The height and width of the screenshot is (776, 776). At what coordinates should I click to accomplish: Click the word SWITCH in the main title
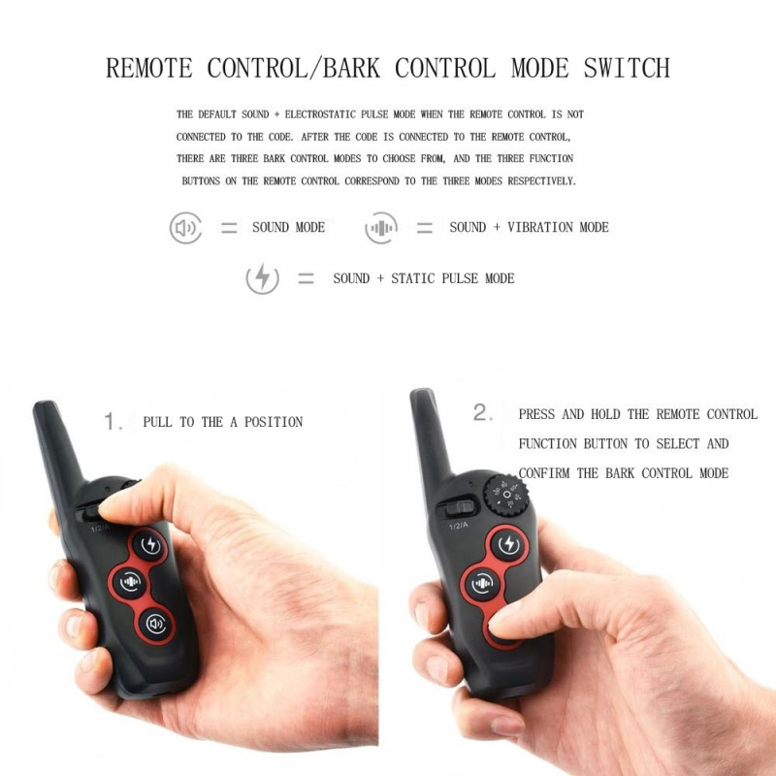click(627, 68)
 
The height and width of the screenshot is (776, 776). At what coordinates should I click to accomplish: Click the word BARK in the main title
click(351, 68)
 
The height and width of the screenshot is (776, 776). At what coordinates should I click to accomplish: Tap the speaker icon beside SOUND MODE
click(185, 228)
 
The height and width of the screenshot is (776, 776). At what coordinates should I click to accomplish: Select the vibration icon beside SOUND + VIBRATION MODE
click(381, 228)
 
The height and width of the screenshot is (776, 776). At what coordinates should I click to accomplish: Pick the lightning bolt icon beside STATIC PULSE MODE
click(262, 278)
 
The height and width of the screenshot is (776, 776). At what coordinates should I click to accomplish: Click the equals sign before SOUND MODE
click(229, 228)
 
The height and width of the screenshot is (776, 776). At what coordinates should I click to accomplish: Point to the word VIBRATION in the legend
click(540, 227)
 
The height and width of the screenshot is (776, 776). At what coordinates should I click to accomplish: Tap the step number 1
click(113, 422)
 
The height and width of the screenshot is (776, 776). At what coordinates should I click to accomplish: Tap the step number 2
click(482, 412)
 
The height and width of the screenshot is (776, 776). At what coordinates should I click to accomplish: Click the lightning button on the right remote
click(508, 544)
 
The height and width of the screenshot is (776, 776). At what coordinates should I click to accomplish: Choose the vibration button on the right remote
click(482, 584)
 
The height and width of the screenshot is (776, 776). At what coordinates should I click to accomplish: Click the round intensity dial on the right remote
click(506, 495)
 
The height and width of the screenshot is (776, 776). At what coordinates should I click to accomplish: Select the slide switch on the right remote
click(456, 508)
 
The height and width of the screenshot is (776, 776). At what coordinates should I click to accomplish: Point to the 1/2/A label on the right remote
click(458, 525)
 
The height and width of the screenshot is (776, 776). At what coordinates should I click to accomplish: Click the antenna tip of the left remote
click(44, 404)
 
